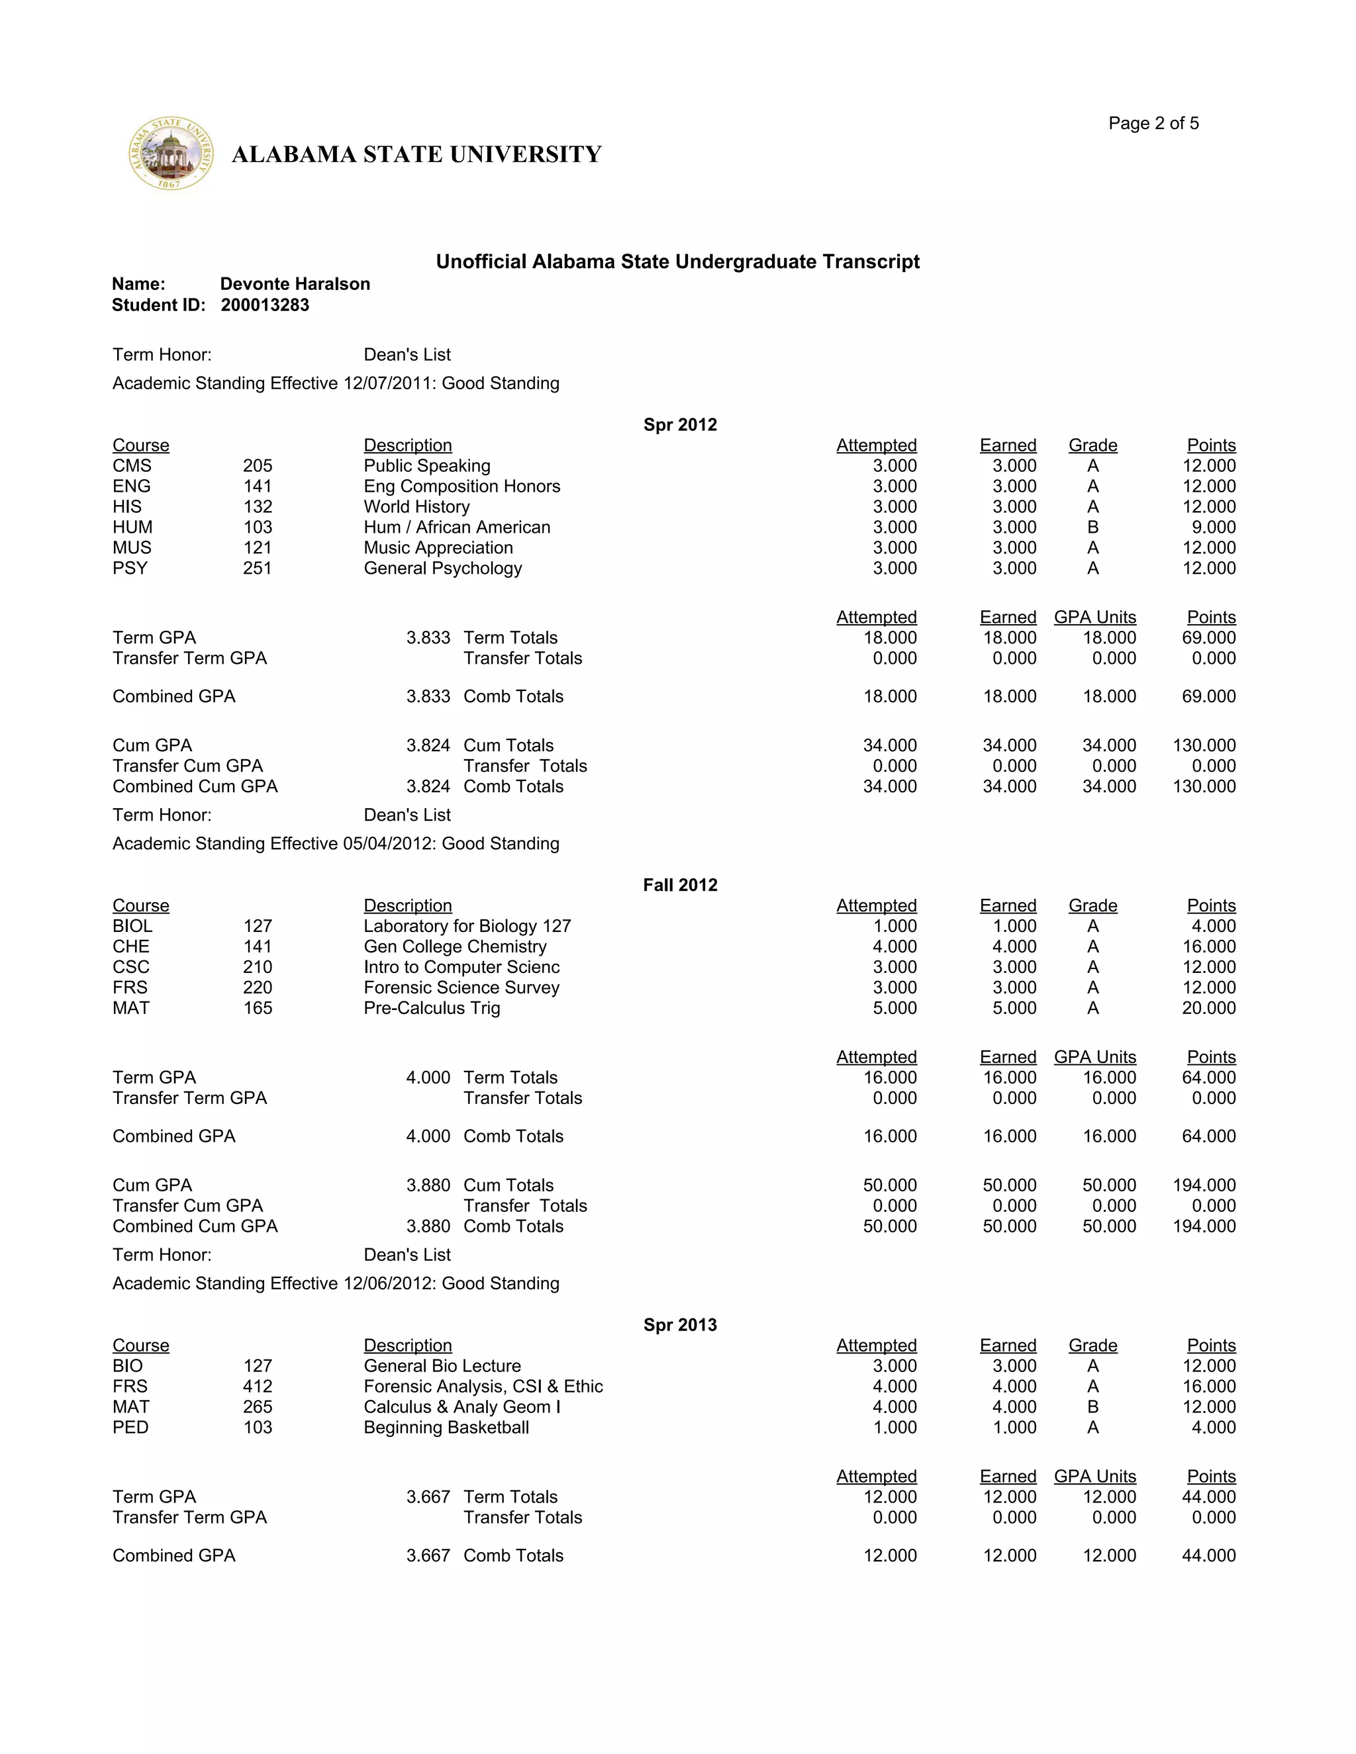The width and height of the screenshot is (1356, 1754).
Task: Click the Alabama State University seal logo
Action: coord(171,154)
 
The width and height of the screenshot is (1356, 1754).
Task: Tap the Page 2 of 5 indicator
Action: coord(1153,123)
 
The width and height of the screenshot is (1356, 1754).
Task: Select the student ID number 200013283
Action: coord(265,305)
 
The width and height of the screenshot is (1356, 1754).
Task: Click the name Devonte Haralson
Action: coord(295,283)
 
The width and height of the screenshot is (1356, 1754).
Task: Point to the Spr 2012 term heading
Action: coord(679,424)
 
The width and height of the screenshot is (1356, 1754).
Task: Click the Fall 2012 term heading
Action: coord(679,884)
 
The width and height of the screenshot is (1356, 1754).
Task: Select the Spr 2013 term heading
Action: coord(679,1324)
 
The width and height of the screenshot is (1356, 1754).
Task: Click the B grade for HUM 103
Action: coord(1092,527)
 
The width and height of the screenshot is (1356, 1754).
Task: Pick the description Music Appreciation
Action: coord(438,548)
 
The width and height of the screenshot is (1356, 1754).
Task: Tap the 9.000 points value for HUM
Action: coord(1214,527)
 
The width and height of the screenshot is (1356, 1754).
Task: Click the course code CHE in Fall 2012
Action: coord(131,946)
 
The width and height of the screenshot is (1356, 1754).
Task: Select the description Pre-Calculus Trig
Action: coord(432,1008)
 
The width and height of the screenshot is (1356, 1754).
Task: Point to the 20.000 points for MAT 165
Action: coord(1208,1008)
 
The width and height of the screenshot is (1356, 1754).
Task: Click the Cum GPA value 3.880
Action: coord(428,1185)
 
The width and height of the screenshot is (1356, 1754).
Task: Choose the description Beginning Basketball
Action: coord(446,1427)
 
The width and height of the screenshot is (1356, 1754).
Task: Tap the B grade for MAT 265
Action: coord(1092,1407)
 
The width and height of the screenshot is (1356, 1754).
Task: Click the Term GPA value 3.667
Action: coord(428,1497)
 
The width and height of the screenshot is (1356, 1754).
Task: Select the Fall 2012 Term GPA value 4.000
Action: coord(428,1077)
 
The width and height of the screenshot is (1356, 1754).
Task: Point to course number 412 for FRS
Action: coord(257,1386)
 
